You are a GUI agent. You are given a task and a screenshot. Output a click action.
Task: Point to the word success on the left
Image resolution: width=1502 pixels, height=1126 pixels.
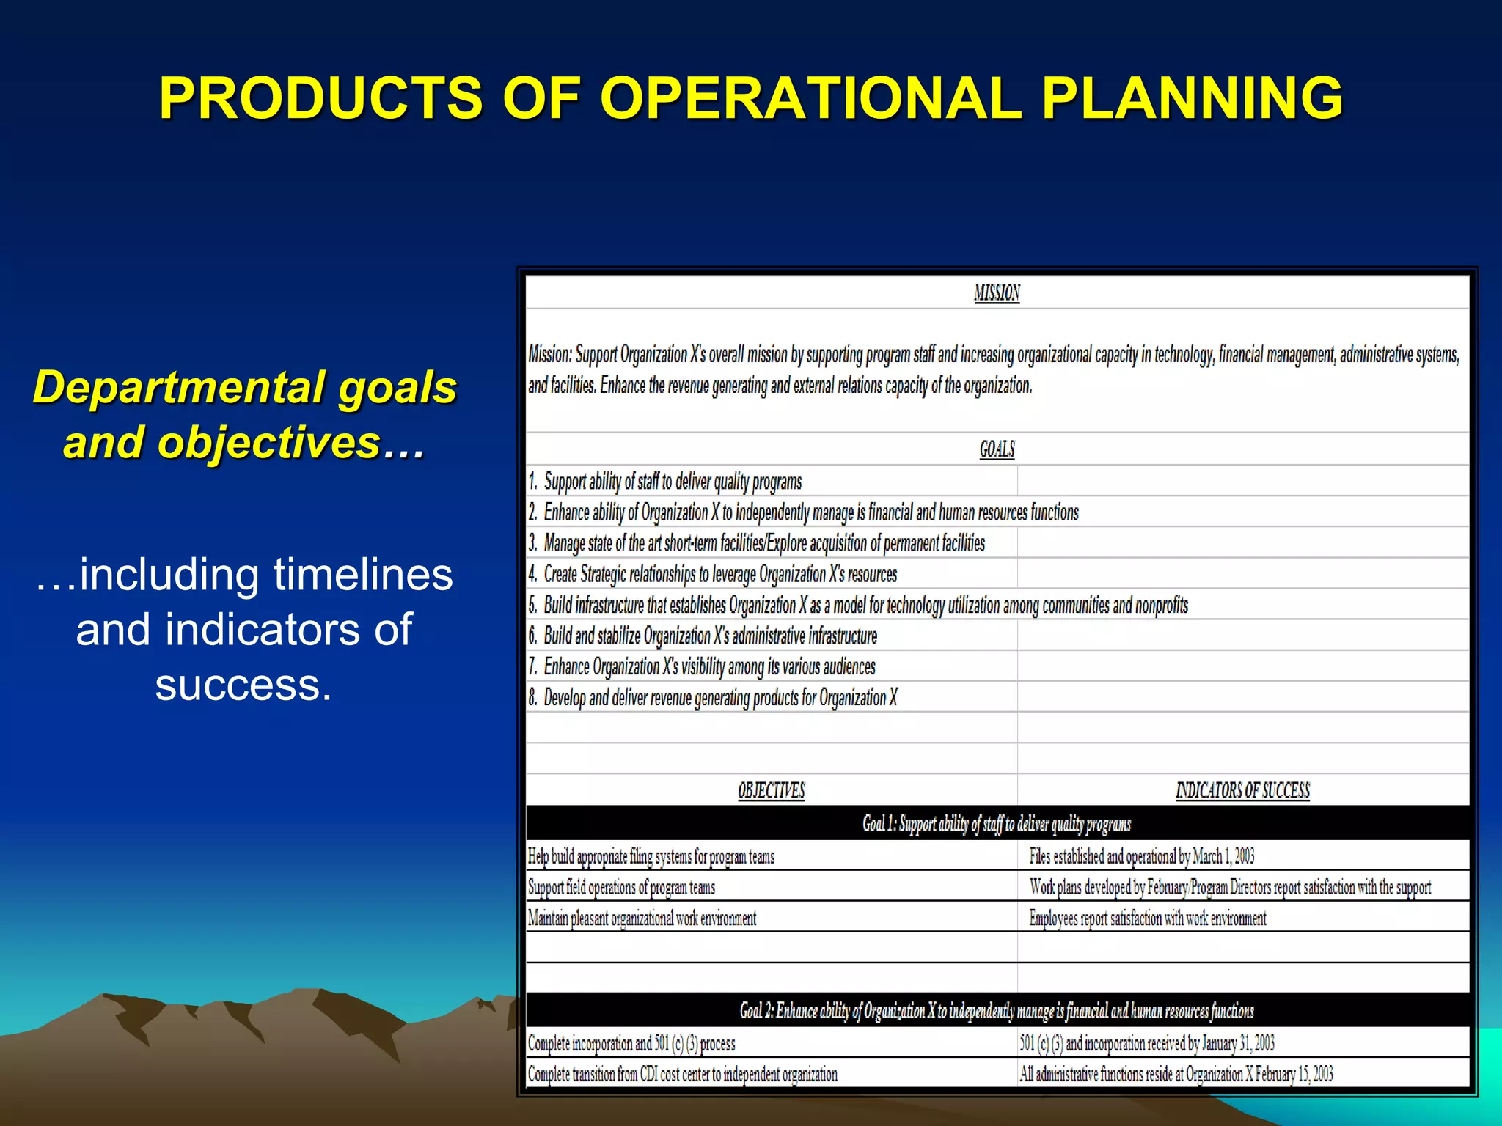click(x=243, y=685)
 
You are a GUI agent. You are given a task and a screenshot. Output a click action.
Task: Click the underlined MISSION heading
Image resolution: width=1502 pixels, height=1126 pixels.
click(x=997, y=293)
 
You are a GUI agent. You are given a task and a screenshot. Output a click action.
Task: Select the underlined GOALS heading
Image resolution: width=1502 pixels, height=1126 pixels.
click(x=997, y=449)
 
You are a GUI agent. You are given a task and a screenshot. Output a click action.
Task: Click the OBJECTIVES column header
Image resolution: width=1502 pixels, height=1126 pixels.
click(x=771, y=790)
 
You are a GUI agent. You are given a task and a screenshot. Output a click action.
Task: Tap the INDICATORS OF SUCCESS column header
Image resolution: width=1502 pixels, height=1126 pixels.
click(x=1242, y=790)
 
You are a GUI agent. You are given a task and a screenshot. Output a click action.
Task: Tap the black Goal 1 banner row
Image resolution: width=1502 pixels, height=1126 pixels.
click(x=997, y=824)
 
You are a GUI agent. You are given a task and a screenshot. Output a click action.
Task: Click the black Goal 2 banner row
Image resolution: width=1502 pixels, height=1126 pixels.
click(x=997, y=1011)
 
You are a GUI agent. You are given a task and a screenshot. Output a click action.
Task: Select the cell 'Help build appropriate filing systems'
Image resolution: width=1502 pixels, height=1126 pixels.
click(x=651, y=856)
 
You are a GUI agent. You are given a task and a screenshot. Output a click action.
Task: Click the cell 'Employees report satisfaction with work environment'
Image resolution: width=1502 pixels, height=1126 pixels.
click(x=1147, y=918)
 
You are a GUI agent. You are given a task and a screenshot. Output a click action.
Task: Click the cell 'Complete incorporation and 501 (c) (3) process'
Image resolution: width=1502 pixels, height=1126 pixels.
click(x=631, y=1043)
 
